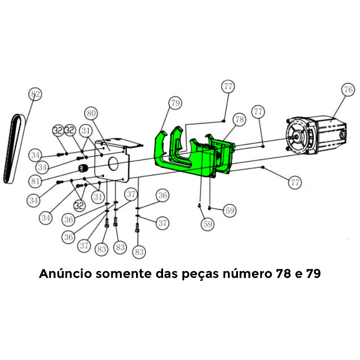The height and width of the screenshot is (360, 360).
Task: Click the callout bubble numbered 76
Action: [x=348, y=90]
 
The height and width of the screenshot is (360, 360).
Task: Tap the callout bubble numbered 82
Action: [x=35, y=94]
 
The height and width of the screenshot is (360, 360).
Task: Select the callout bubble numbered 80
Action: [x=91, y=113]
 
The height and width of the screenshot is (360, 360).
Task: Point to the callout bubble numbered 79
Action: [x=175, y=103]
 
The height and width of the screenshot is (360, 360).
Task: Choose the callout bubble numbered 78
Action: [x=239, y=120]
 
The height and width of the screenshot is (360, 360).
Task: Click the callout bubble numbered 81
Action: [x=35, y=181]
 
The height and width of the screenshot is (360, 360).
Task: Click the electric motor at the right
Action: [x=316, y=135]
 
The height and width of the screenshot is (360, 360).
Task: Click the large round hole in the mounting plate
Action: [x=113, y=164]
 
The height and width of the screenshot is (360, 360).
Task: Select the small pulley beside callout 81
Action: [x=83, y=169]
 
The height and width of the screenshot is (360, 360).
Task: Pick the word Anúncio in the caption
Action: [x=65, y=273]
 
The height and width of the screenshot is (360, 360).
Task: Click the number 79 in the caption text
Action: [x=313, y=274]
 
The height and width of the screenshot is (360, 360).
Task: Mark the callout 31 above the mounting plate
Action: [x=86, y=131]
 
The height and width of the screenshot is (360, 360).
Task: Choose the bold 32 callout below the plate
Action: [x=80, y=206]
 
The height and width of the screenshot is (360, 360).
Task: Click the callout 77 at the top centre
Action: [x=228, y=86]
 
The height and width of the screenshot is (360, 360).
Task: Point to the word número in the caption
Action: [x=247, y=273]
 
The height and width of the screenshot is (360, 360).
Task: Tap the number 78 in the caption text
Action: [x=283, y=274]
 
